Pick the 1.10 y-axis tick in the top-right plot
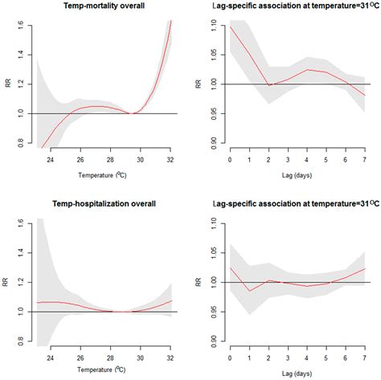[x=212, y=22]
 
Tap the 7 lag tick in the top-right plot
[x=364, y=161]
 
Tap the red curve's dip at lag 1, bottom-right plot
[x=249, y=291]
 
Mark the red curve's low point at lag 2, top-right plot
[x=268, y=85]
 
